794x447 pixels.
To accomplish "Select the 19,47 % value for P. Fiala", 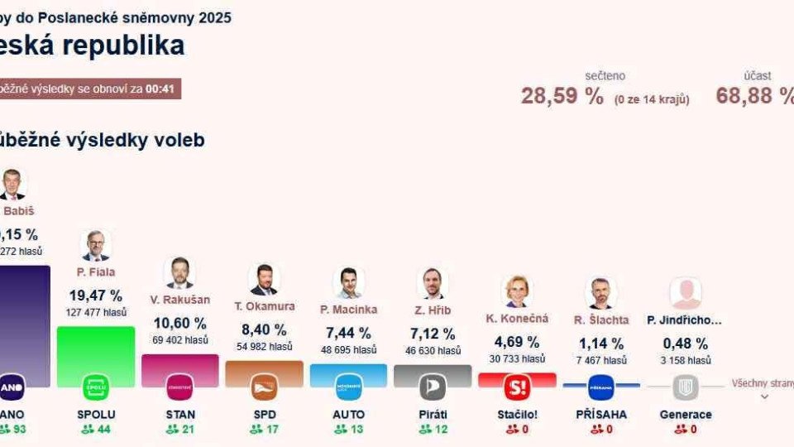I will (95, 295).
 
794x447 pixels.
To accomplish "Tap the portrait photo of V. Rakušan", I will (179, 272).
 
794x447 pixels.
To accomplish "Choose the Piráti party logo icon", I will (432, 387).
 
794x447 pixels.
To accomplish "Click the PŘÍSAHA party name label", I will (600, 414).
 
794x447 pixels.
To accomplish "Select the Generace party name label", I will (686, 414).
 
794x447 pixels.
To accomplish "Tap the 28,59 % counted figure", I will (562, 96).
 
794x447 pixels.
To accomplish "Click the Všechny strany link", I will (762, 384).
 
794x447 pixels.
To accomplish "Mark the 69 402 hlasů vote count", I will (180, 340).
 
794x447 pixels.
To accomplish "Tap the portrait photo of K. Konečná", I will (517, 291).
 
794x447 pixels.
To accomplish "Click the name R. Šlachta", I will (601, 320).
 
